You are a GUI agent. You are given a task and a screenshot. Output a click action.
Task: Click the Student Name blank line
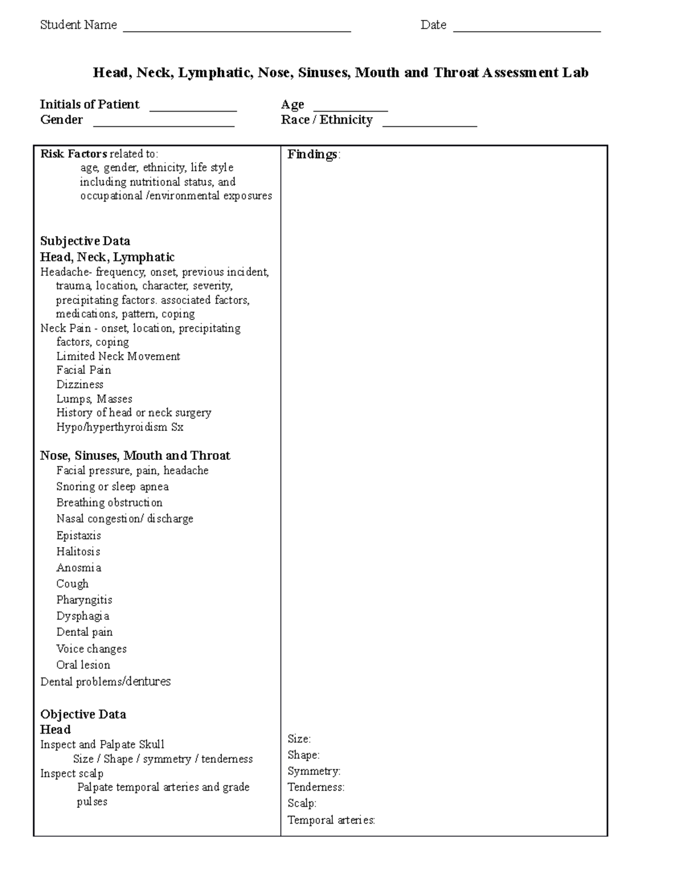coord(237,30)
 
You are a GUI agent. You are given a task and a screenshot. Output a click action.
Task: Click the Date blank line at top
coord(526,30)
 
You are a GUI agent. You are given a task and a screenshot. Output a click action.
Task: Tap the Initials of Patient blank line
coord(192,109)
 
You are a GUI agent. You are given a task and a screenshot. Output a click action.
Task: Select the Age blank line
coord(351,109)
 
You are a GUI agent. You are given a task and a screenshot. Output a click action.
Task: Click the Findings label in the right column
coord(314,154)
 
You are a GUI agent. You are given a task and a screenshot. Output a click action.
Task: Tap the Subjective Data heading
coord(85,241)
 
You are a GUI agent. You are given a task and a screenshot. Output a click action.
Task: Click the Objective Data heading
coord(83,714)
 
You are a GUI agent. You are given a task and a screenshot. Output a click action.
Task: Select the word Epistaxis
coord(79,536)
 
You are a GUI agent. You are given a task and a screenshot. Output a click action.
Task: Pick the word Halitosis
coord(78,552)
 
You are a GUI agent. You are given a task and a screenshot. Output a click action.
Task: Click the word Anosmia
coord(79,568)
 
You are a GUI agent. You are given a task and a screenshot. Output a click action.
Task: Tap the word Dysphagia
coord(83,616)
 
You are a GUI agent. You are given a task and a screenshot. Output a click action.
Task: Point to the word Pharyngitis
coord(84,600)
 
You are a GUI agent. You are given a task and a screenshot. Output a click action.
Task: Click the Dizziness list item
coord(80,384)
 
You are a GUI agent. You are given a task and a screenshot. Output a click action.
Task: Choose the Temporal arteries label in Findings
coord(331,820)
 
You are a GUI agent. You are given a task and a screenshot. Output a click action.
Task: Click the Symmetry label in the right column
coord(314,771)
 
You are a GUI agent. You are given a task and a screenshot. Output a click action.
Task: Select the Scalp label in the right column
coord(302,803)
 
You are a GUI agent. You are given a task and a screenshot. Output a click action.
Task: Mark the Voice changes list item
coord(91,649)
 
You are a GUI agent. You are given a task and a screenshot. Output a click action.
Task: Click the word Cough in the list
coord(72,583)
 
